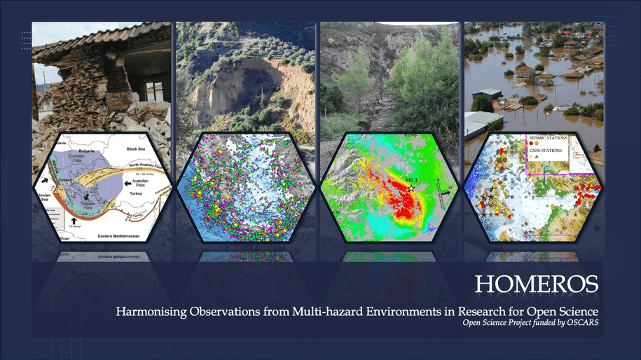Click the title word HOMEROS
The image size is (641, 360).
pyautogui.click(x=537, y=284)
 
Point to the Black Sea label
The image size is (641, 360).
pyautogui.click(x=138, y=149)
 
